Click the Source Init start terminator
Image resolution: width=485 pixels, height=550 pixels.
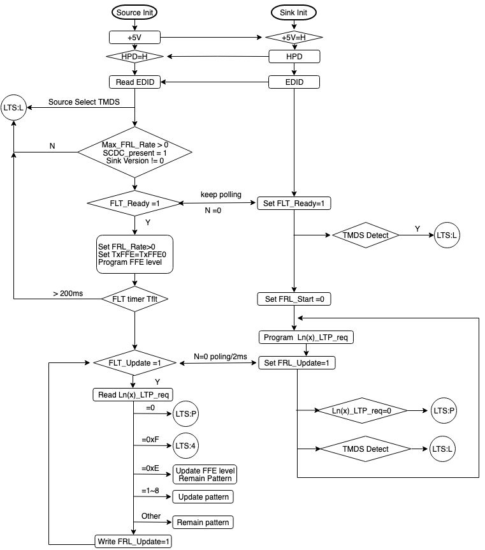click(134, 13)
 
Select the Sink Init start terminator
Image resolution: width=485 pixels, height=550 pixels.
click(294, 13)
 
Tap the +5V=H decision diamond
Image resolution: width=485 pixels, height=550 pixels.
click(294, 37)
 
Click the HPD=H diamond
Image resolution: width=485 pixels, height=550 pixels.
click(134, 56)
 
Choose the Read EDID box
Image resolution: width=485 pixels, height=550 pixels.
click(135, 82)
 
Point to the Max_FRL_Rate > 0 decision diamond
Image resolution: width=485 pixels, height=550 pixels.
click(134, 152)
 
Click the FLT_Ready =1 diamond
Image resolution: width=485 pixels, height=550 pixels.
click(134, 204)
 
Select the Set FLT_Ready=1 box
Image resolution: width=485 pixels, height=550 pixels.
click(294, 204)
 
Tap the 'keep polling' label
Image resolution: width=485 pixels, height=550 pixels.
click(221, 195)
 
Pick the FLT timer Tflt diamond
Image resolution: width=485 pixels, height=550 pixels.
click(134, 299)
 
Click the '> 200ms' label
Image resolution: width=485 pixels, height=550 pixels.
click(68, 294)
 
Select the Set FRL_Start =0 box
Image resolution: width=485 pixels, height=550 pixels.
click(294, 299)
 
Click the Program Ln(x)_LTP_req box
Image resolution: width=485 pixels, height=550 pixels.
click(306, 338)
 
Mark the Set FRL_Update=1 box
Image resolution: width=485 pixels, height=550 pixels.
click(297, 362)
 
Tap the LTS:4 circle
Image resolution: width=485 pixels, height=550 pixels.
click(185, 446)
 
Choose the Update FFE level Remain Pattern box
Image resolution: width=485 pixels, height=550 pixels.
click(205, 475)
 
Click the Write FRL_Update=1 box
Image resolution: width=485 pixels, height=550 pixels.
click(133, 541)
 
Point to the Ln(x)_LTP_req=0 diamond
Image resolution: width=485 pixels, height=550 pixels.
click(362, 411)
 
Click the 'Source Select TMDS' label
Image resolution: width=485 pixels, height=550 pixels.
click(83, 102)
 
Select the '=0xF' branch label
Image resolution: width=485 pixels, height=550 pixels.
click(150, 440)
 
